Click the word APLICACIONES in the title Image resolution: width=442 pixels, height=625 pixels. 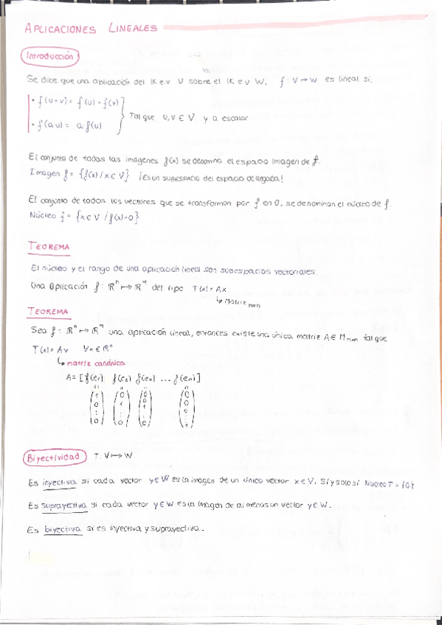[x=61, y=29]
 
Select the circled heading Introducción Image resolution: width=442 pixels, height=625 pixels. [x=50, y=55]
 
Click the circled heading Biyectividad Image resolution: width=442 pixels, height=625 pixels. [x=53, y=458]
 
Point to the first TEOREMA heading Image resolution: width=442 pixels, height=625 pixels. [x=48, y=246]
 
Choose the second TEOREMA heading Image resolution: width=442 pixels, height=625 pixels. [x=48, y=312]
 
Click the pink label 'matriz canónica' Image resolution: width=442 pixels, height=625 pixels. [x=95, y=363]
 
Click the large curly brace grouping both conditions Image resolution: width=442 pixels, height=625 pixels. [x=123, y=115]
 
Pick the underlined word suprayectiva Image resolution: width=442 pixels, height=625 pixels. [x=65, y=506]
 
